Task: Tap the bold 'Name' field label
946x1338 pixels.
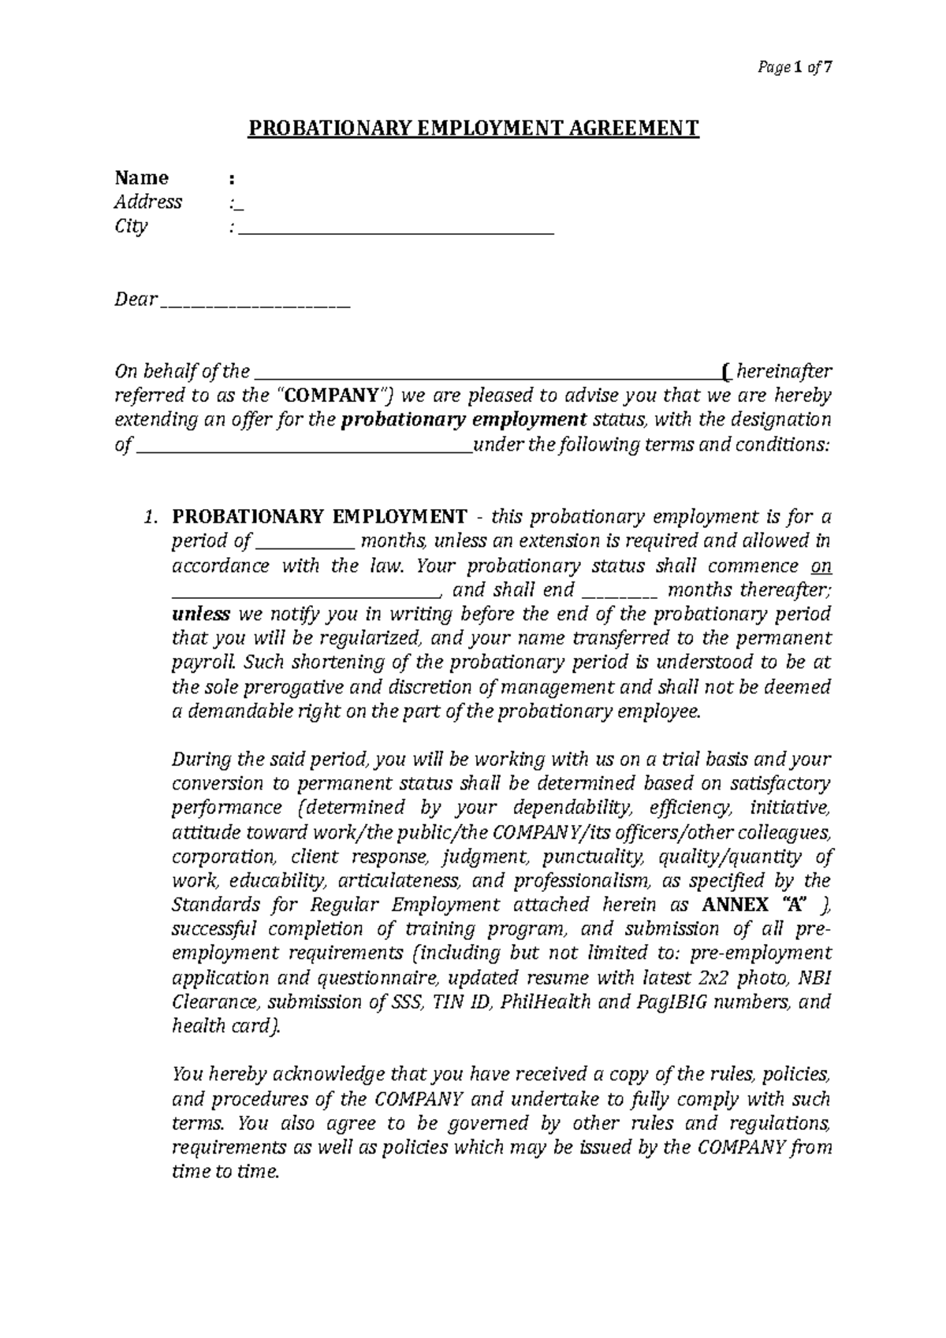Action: (x=141, y=177)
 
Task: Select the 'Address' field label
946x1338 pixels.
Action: (x=148, y=202)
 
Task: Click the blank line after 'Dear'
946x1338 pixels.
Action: (x=255, y=306)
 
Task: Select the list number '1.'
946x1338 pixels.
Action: (x=151, y=517)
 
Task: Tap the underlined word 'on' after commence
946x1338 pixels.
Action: (x=821, y=566)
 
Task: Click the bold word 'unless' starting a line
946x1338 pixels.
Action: (x=201, y=614)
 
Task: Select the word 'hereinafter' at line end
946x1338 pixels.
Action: (x=784, y=371)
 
